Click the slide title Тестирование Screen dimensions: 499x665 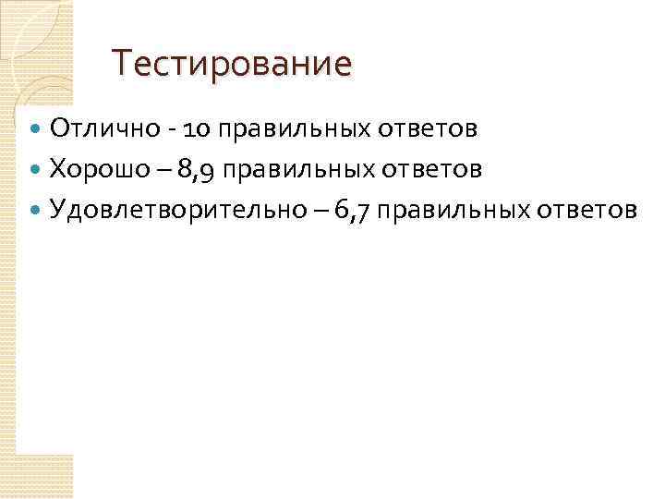(x=232, y=65)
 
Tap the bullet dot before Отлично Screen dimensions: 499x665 (x=36, y=128)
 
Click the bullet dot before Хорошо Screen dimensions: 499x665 (x=36, y=170)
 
